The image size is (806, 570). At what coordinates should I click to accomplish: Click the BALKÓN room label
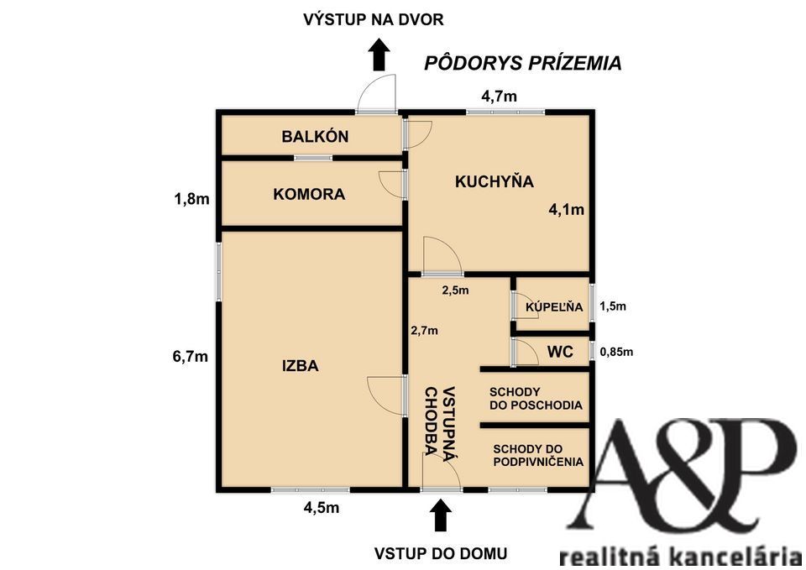[315, 137]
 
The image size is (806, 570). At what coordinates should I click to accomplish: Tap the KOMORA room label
[309, 194]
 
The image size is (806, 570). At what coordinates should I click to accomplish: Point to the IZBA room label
[300, 365]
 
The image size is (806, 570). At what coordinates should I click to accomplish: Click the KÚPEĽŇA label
[554, 307]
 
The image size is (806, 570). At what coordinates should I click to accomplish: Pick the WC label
[560, 352]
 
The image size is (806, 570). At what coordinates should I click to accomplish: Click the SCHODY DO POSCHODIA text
[536, 398]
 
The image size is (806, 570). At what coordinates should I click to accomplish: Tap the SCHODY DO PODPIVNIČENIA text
[538, 454]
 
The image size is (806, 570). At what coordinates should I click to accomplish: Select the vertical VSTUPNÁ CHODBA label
[440, 421]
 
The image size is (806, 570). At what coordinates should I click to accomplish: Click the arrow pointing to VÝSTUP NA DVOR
[379, 55]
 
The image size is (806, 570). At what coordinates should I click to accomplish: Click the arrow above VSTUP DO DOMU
[439, 515]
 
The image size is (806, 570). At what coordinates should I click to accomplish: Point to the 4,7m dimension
[499, 96]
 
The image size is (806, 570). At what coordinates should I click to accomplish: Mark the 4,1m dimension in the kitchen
[567, 210]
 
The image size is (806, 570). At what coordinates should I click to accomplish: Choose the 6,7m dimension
[190, 356]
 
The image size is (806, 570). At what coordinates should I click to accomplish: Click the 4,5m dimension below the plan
[321, 507]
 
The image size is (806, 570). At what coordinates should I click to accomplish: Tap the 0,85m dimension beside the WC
[615, 352]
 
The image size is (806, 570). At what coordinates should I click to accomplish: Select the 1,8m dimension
[191, 199]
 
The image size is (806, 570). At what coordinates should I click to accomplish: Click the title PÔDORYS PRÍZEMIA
[522, 63]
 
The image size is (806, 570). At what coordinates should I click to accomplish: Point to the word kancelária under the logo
[739, 556]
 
